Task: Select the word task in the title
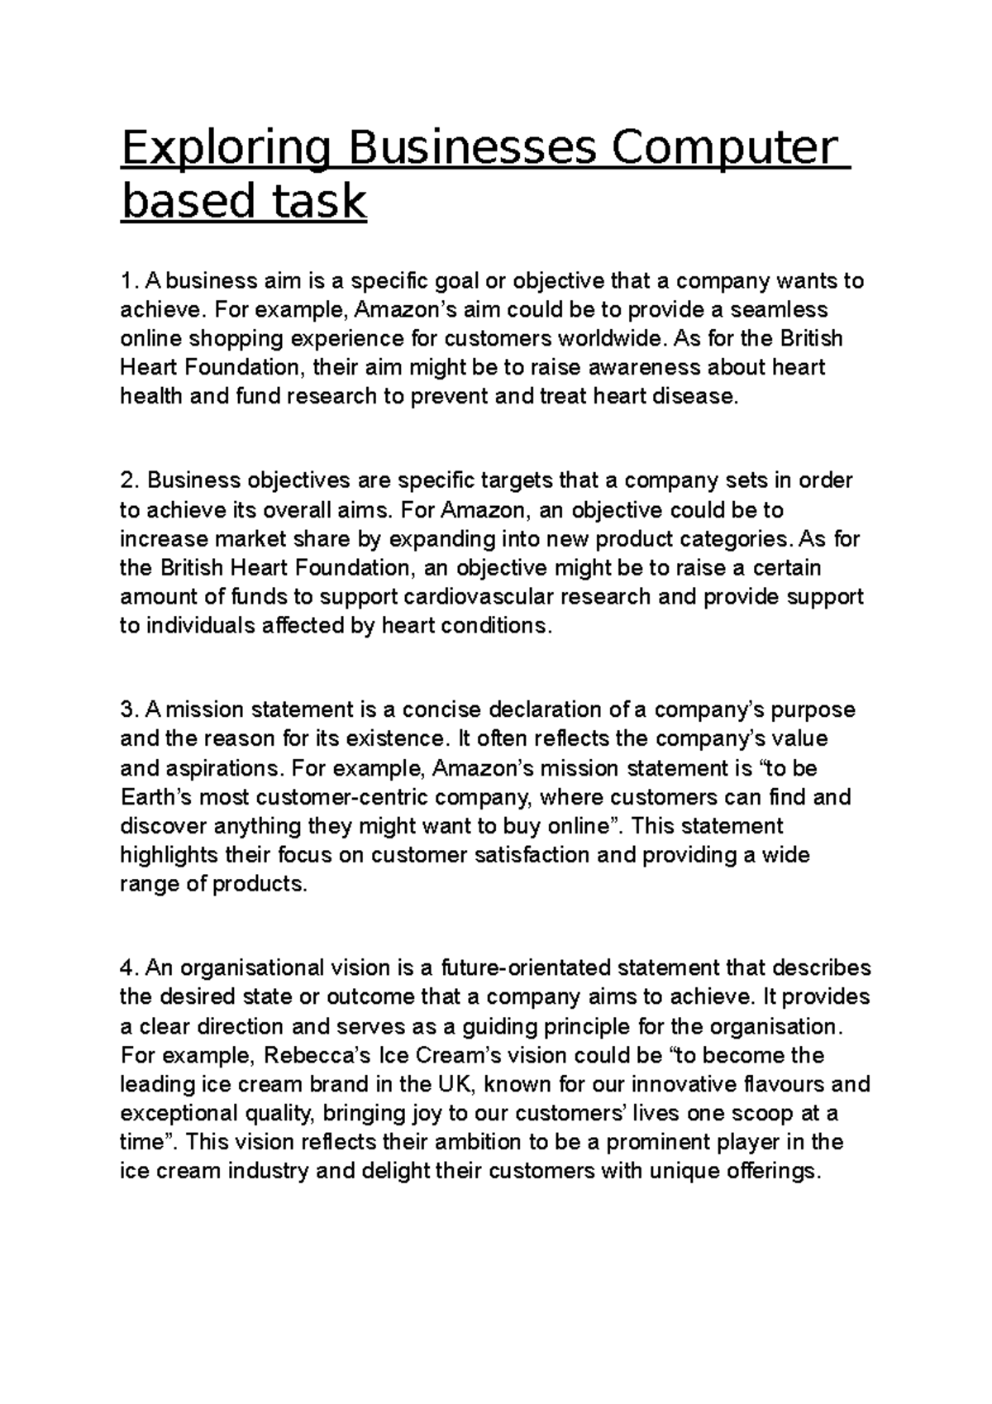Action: click(x=318, y=201)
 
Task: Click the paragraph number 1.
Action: click(x=126, y=281)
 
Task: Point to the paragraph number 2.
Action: click(x=126, y=481)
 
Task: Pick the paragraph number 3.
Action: click(x=126, y=710)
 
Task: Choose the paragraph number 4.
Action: click(x=126, y=968)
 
